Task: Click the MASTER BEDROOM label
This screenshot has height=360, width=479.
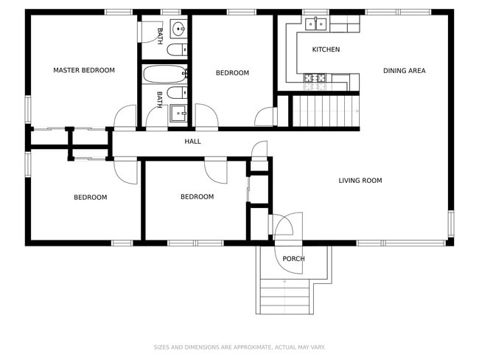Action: click(x=84, y=70)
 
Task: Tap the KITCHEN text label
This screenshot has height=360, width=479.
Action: click(x=326, y=50)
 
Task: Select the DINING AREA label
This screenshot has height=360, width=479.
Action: click(x=404, y=71)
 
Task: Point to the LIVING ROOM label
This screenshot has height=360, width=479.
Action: click(x=360, y=180)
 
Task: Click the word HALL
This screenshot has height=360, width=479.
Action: click(x=192, y=142)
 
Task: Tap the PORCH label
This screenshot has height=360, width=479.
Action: click(x=293, y=259)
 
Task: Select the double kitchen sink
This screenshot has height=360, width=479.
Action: click(x=316, y=24)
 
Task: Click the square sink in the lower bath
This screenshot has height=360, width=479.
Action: click(x=178, y=113)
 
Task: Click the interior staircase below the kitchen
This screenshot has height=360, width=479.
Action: click(x=325, y=111)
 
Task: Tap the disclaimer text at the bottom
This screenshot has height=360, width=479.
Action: click(x=239, y=347)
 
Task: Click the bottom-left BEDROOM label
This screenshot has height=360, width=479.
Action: click(x=90, y=197)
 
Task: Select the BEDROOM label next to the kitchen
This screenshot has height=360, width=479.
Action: click(x=232, y=73)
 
